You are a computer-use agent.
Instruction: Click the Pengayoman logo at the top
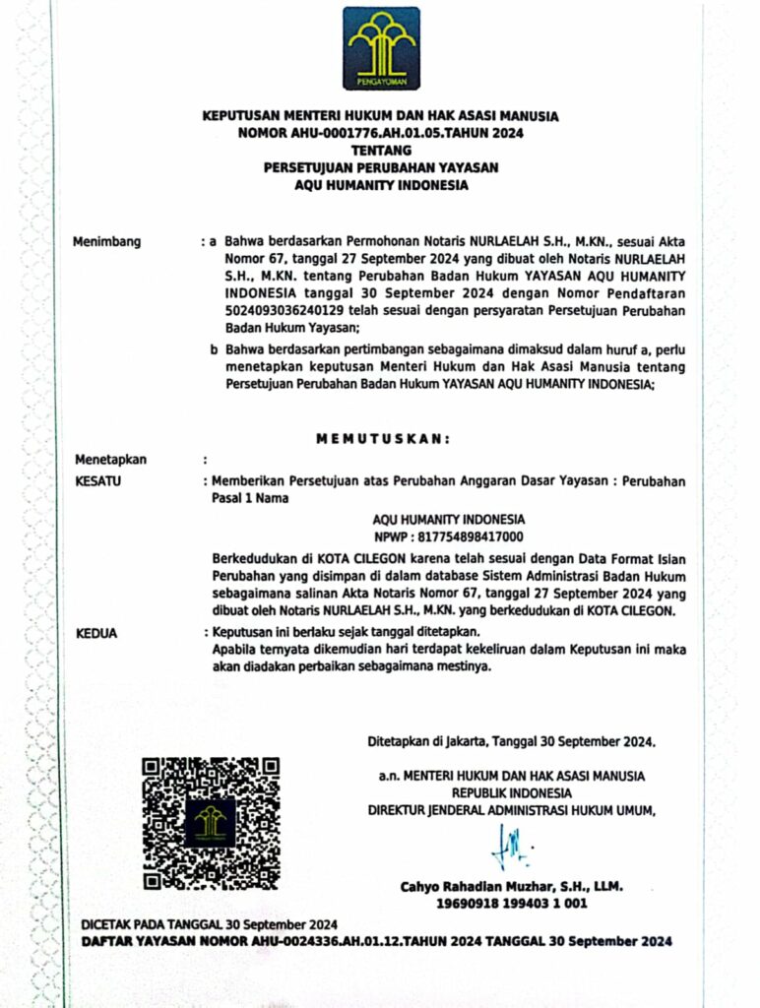click(x=381, y=48)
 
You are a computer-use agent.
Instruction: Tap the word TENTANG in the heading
click(x=380, y=150)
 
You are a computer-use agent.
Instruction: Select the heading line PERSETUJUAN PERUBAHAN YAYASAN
click(x=380, y=167)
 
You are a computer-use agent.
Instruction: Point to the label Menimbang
click(x=107, y=241)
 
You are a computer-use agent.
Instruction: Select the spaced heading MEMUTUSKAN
click(x=382, y=438)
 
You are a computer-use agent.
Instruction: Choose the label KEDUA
click(x=96, y=633)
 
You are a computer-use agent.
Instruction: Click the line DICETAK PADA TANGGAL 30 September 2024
click(x=210, y=924)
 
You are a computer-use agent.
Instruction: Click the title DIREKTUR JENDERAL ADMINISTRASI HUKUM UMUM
click(x=511, y=810)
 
